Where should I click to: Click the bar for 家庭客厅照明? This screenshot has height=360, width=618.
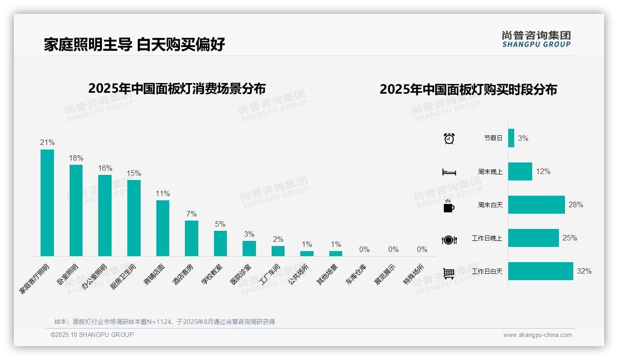click(47, 203)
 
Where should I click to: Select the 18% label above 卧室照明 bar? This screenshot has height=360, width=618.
click(76, 158)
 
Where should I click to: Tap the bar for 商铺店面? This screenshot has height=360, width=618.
click(163, 228)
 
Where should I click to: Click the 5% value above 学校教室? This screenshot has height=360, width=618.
click(220, 224)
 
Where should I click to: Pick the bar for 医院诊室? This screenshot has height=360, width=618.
click(249, 248)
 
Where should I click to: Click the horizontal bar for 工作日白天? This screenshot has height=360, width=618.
click(541, 271)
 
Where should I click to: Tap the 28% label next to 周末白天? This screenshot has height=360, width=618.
click(576, 205)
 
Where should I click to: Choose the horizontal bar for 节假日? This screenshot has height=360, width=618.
click(511, 138)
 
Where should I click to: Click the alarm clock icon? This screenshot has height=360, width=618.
click(449, 138)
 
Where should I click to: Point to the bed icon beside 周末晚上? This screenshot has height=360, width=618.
click(449, 172)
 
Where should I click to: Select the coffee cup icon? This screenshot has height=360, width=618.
click(449, 206)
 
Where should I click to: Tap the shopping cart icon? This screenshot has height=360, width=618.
click(449, 273)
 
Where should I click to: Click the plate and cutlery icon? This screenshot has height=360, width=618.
click(449, 240)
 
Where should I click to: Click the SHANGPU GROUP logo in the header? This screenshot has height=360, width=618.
click(536, 39)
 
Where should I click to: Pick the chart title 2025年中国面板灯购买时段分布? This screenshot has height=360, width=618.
click(468, 90)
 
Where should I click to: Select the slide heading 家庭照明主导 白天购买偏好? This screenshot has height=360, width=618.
click(134, 45)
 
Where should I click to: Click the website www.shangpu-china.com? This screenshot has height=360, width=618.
click(537, 335)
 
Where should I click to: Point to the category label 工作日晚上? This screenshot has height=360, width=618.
click(487, 239)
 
